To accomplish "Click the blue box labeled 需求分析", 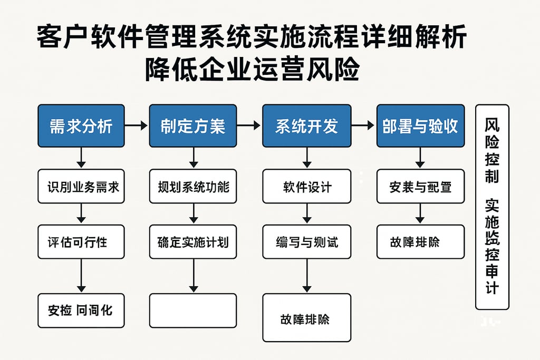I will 81,126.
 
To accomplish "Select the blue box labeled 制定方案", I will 192,126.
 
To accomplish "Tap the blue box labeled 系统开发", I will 306,126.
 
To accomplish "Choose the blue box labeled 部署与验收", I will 420,126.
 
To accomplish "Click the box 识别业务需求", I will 81,186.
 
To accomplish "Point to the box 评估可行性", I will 81,241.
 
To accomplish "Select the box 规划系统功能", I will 192,186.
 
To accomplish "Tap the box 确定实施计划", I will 192,241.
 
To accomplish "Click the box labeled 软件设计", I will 306,186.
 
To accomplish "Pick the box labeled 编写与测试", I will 306,241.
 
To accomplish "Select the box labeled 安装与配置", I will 420,186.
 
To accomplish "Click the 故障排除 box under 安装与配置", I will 420,241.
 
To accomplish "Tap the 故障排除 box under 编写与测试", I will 306,318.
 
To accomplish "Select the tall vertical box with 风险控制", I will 492,207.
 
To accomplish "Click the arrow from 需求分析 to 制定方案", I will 137,126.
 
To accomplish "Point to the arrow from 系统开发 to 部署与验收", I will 363,126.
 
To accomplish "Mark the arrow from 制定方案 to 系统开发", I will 249,126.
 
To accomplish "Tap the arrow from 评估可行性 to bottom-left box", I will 81,276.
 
